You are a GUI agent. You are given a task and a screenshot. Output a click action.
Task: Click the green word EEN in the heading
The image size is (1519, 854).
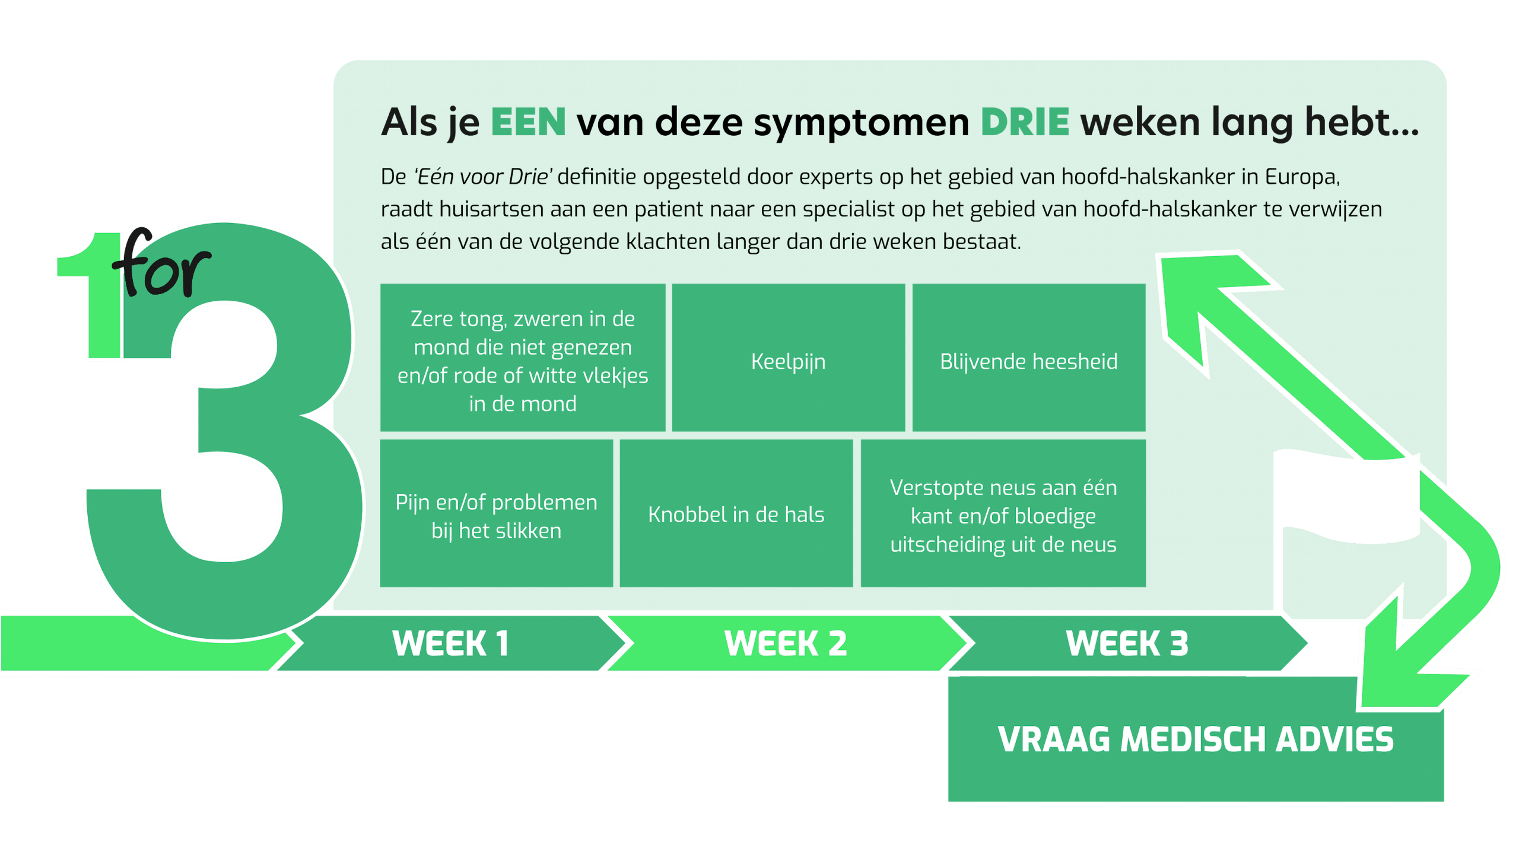528,122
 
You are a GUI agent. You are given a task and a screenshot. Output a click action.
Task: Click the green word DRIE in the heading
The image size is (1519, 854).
1025,122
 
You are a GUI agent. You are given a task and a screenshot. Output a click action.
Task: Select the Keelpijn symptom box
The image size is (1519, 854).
789,358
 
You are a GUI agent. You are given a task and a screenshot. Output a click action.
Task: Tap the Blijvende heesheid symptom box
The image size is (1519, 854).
1029,358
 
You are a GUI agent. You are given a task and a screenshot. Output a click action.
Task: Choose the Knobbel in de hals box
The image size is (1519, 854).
736,514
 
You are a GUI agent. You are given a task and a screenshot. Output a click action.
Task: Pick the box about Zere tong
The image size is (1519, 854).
523,358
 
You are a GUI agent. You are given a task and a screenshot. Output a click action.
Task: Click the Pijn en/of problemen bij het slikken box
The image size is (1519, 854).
497,514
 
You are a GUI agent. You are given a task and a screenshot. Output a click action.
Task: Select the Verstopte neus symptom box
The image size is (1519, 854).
1003,514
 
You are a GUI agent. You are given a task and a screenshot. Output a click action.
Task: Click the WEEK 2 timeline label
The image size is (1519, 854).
786,643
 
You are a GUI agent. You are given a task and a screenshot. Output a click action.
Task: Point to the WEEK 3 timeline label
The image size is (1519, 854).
1127,643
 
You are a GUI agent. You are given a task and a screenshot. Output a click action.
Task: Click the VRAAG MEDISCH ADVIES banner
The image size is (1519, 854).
1196,740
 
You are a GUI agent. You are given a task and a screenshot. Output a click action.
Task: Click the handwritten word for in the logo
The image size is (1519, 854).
161,263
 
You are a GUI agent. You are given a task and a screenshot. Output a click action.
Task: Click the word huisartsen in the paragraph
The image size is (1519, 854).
492,209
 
